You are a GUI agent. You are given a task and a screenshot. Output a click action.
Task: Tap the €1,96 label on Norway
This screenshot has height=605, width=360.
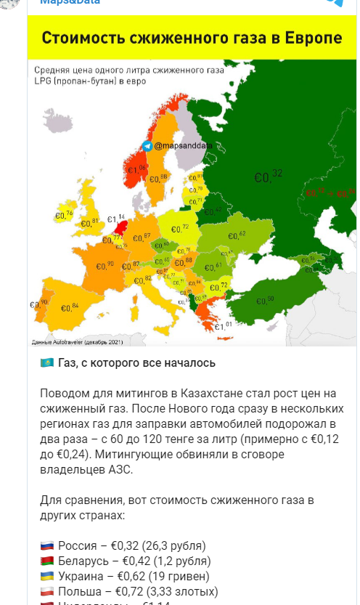click(137, 170)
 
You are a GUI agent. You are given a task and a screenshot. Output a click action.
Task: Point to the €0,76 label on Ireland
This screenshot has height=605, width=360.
click(65, 214)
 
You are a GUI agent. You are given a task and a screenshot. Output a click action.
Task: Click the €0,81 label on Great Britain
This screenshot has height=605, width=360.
click(89, 222)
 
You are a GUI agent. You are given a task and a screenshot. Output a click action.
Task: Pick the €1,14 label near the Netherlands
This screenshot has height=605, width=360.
click(116, 218)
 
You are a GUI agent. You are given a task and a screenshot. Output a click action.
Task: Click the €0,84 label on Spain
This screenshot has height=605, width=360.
click(70, 308)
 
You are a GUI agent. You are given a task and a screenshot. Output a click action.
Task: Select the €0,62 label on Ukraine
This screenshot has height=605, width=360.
click(237, 234)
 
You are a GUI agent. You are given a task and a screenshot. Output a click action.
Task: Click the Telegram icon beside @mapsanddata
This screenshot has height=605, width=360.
click(148, 146)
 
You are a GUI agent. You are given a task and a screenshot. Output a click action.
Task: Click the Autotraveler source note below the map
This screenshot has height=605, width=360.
click(76, 341)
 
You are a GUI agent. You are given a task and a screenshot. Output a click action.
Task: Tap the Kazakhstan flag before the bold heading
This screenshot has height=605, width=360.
click(46, 362)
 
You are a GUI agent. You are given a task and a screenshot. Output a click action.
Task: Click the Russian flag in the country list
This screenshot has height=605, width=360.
click(46, 545)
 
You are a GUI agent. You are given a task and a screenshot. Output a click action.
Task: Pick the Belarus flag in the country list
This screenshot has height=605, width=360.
click(46, 561)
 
